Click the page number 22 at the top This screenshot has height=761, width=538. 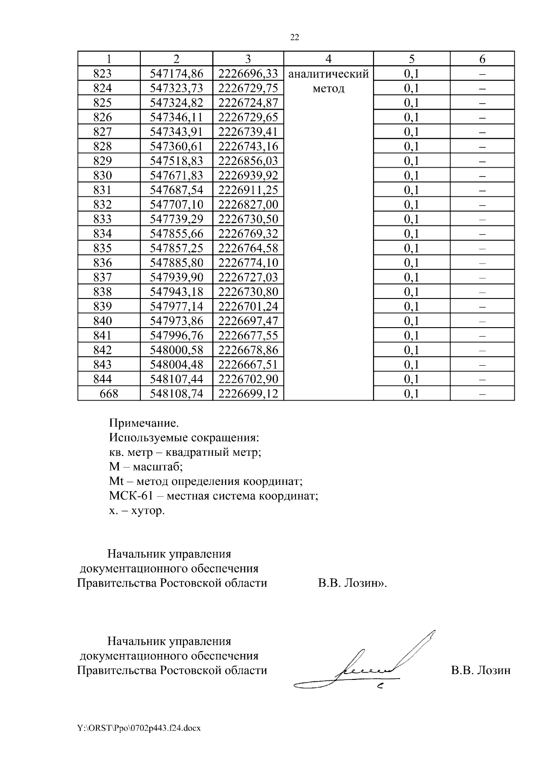(295, 38)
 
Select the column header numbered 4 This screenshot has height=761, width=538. (328, 59)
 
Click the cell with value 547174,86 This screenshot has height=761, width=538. (176, 74)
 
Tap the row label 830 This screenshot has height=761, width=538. (102, 175)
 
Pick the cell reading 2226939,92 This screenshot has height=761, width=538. (248, 175)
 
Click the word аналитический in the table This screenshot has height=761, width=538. (328, 74)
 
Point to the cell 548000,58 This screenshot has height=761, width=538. (176, 350)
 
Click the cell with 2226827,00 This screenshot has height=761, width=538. (248, 204)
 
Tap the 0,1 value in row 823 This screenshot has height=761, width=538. (411, 74)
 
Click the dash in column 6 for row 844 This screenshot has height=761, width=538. (482, 379)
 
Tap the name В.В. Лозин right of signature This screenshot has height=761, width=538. (481, 670)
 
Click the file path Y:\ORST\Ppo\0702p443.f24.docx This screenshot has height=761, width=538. (139, 728)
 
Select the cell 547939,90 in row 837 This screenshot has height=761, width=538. (176, 277)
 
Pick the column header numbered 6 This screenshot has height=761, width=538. (482, 59)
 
